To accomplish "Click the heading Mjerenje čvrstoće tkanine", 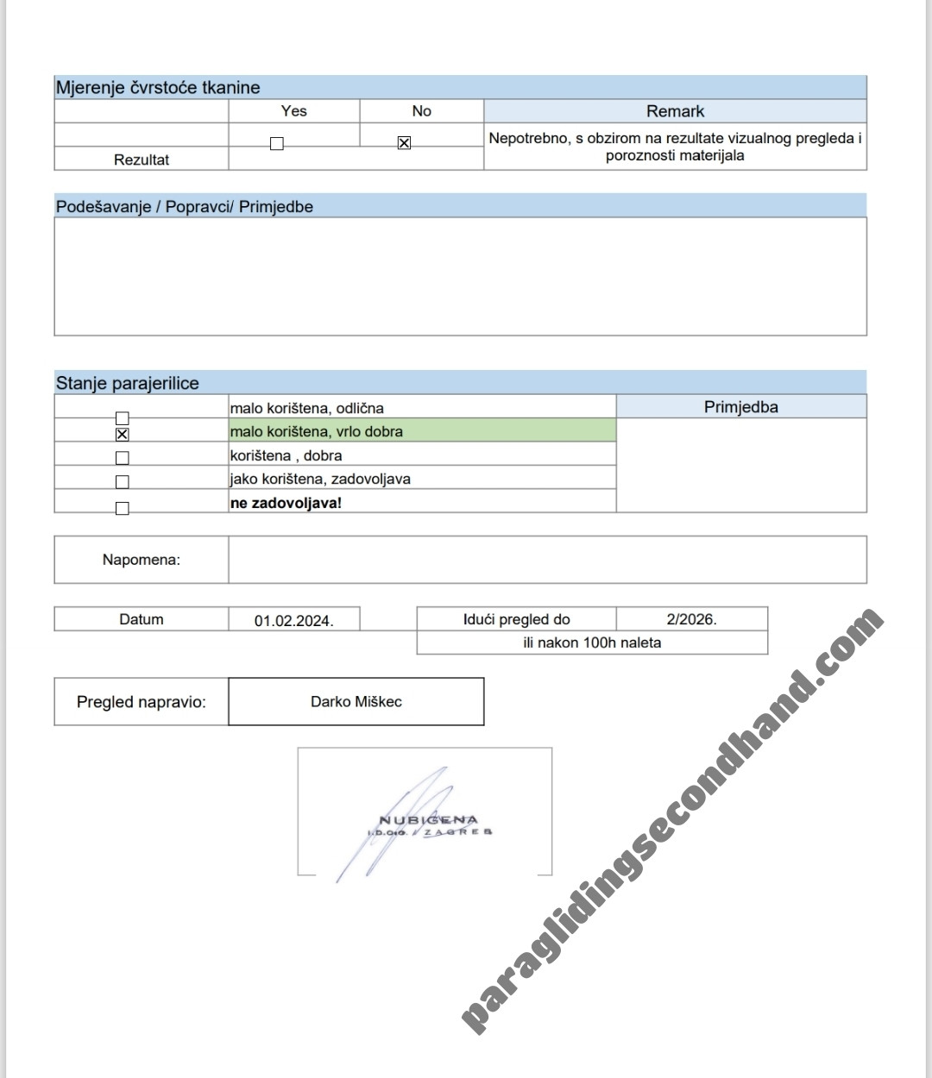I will click(158, 87).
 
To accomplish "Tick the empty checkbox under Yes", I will click(276, 144).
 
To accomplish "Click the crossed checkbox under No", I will click(404, 143).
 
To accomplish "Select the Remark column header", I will click(675, 111).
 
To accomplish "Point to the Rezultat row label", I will click(142, 160).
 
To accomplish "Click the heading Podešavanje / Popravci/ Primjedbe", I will click(185, 207).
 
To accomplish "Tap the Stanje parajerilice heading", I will click(128, 383).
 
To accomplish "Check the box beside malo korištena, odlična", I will click(122, 418).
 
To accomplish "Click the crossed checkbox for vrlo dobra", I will click(122, 434).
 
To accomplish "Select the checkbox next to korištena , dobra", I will click(122, 458).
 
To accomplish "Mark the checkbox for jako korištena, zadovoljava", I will click(122, 481).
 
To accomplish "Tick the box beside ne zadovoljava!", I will click(122, 508).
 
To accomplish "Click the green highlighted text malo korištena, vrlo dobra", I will click(317, 431).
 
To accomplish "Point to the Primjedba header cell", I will click(740, 407).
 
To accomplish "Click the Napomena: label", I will click(142, 560).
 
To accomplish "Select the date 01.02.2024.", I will click(293, 620).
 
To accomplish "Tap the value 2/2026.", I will click(691, 619).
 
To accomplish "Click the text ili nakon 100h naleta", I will click(592, 642).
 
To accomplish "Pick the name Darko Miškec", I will click(356, 701).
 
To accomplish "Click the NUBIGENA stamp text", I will click(429, 820).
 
